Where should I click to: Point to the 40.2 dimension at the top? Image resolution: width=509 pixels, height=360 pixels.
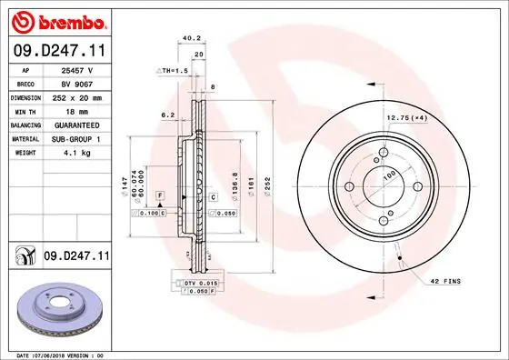point(191,38)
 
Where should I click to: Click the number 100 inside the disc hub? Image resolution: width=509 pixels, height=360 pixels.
point(388,175)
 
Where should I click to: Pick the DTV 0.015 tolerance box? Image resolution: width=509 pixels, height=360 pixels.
point(201,285)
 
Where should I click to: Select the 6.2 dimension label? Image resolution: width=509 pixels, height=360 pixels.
point(167,115)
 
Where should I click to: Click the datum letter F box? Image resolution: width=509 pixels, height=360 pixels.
point(159,195)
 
